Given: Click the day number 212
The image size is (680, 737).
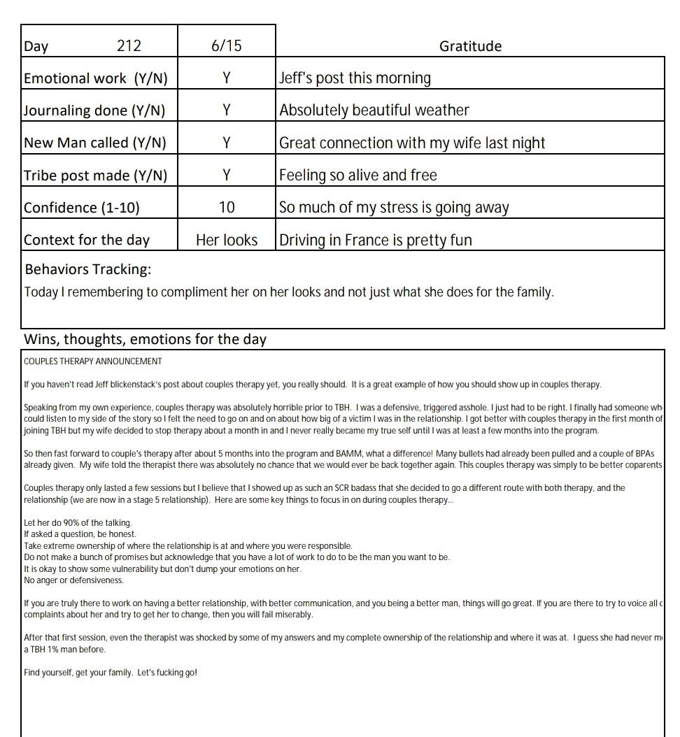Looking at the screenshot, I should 129,46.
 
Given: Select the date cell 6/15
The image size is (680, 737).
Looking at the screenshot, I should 226,46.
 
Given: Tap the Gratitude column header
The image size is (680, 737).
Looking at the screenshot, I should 470,46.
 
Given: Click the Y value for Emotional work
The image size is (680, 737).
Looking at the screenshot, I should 226,78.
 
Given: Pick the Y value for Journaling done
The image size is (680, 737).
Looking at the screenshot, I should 226,110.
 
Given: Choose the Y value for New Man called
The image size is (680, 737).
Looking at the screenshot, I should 226,143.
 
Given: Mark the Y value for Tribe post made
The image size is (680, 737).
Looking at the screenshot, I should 226,175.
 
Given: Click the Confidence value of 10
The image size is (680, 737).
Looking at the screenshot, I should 226,208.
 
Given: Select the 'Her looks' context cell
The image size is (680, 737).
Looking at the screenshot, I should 226,240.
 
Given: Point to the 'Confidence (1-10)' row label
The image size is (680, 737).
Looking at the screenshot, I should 81,208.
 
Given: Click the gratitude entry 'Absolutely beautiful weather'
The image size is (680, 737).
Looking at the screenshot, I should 374,110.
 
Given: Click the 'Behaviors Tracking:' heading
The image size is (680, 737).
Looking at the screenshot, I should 88,269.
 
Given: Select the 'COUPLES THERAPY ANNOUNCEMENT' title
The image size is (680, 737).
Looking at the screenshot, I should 93,362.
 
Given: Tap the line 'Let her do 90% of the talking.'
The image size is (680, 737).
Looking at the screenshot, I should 78,523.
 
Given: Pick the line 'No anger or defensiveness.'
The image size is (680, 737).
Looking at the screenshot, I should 73,580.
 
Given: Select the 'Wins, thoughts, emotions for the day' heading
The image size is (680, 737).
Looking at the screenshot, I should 146,340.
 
